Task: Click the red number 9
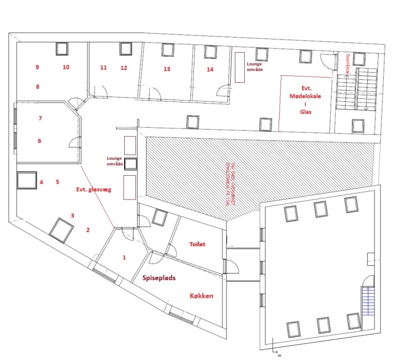(x=37, y=67)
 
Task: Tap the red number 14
(x=209, y=69)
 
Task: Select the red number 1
(x=124, y=258)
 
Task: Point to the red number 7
(x=40, y=118)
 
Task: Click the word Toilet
(x=197, y=244)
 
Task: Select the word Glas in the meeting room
(x=305, y=111)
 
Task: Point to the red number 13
(x=167, y=69)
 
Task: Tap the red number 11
(x=103, y=67)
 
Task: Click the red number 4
(x=41, y=182)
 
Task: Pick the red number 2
(x=88, y=230)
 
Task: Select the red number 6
(x=40, y=141)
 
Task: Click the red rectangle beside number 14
(x=240, y=67)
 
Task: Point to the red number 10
(x=66, y=67)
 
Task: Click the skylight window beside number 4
(x=27, y=180)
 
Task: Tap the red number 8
(x=37, y=87)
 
